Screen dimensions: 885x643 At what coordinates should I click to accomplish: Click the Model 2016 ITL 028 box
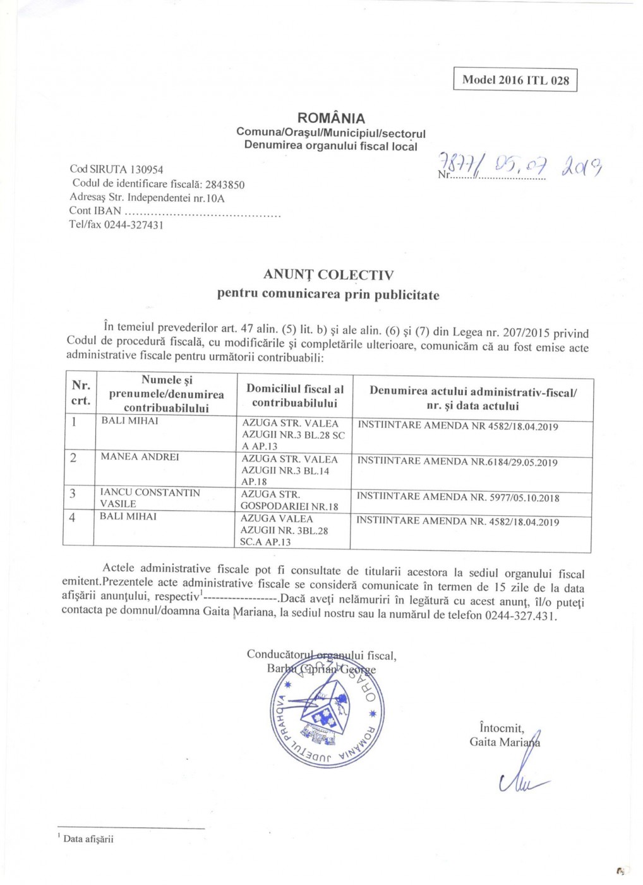515,80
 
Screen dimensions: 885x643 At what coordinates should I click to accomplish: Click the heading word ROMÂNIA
331,118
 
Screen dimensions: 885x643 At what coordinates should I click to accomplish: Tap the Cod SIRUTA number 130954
147,169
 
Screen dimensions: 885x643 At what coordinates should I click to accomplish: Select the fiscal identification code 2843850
225,185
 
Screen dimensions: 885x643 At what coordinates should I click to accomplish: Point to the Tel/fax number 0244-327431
134,225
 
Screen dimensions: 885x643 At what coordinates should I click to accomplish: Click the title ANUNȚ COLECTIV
328,275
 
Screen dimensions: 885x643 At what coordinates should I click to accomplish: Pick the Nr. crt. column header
80,393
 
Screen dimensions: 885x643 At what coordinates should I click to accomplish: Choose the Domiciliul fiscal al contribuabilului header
295,396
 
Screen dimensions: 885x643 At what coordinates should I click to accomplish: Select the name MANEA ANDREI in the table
140,457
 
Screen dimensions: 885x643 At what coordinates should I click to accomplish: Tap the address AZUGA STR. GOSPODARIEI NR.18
289,500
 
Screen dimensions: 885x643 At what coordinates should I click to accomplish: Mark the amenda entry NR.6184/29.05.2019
514,462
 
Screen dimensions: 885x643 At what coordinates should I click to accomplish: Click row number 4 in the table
73,518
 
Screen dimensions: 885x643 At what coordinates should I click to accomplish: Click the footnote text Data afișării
88,839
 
